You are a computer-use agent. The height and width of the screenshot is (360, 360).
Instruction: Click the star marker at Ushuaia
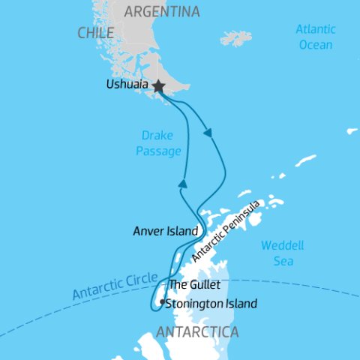tap(158, 87)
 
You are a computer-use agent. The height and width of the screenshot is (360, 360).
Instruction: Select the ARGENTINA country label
tap(162, 11)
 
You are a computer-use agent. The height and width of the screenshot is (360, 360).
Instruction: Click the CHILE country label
tap(95, 33)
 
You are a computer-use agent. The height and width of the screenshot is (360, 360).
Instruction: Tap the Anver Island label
tap(165, 231)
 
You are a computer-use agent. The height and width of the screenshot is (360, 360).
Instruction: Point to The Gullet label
tap(195, 285)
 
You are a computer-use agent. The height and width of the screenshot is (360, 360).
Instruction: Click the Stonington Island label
tap(211, 304)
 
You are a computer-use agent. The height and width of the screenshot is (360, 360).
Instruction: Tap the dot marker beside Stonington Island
tap(162, 301)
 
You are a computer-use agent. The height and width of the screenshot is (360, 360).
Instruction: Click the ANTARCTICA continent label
tap(199, 331)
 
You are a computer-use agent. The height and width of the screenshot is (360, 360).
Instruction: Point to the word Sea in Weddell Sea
tap(283, 261)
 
